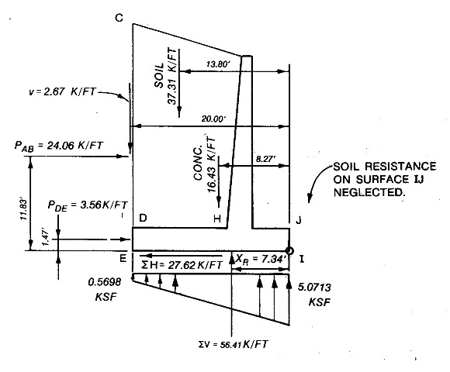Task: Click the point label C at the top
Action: point(119,18)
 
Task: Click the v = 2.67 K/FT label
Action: point(62,91)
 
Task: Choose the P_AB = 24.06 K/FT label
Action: point(58,146)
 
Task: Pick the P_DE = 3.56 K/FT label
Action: point(88,206)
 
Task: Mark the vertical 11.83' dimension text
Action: point(23,210)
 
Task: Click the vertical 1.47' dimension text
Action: point(46,238)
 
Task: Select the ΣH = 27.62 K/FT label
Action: point(182,265)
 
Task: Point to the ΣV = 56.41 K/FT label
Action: point(233,344)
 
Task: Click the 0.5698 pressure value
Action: point(105,282)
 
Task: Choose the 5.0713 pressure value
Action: point(314,288)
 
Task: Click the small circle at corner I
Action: point(290,251)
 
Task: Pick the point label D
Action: point(143,219)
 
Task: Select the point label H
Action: point(217,219)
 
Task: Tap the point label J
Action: point(299,220)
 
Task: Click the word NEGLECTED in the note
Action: point(369,192)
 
